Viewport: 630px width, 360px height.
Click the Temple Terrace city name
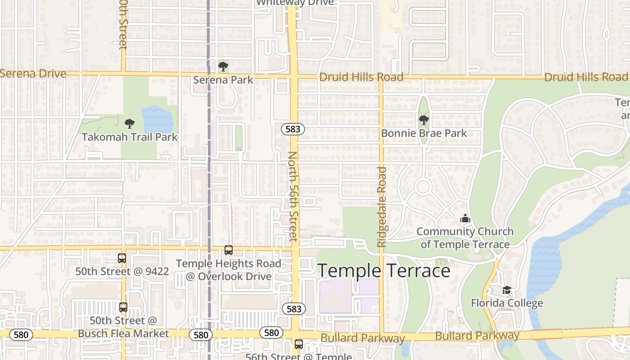pyautogui.click(x=384, y=271)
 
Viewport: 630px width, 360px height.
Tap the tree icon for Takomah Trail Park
pyautogui.click(x=130, y=123)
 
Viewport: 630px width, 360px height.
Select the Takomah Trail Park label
pyautogui.click(x=130, y=137)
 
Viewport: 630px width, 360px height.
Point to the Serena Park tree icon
pyautogui.click(x=223, y=67)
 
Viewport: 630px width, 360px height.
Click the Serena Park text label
pyautogui.click(x=223, y=80)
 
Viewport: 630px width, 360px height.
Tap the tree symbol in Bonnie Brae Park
pyautogui.click(x=423, y=120)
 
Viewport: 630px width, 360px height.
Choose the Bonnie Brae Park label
pyautogui.click(x=424, y=133)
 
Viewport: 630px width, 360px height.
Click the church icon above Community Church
pyautogui.click(x=465, y=219)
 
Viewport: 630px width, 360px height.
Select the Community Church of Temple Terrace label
pyautogui.click(x=465, y=238)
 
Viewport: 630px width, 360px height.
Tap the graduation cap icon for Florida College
pyautogui.click(x=507, y=290)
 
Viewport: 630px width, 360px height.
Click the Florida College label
pyautogui.click(x=507, y=303)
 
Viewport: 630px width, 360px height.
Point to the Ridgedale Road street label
pyautogui.click(x=382, y=207)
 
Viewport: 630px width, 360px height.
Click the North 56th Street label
pyautogui.click(x=292, y=196)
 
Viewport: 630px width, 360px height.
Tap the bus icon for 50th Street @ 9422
pyautogui.click(x=122, y=258)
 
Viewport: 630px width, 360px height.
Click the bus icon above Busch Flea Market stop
pyautogui.click(x=123, y=307)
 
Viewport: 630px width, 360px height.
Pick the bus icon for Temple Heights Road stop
pyautogui.click(x=229, y=250)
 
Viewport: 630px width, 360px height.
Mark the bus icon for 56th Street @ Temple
pyautogui.click(x=298, y=344)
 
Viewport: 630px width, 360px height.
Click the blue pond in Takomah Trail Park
pyautogui.click(x=157, y=119)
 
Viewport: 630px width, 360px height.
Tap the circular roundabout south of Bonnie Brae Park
pyautogui.click(x=423, y=186)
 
